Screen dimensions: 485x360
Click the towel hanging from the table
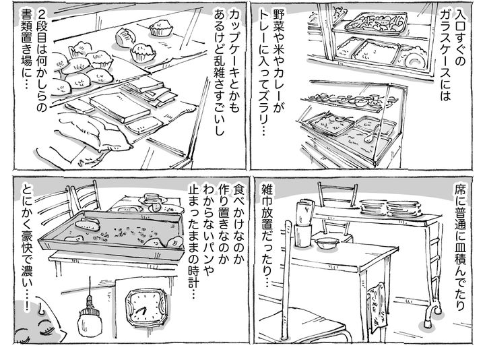[377, 307]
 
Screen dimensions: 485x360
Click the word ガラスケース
[445, 46]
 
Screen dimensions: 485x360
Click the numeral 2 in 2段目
[41, 13]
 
